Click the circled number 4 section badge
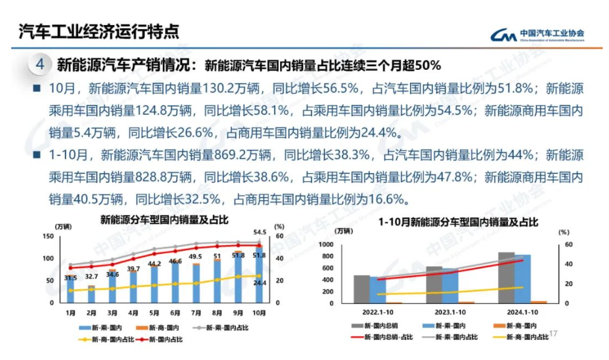pyautogui.click(x=39, y=64)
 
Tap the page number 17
pyautogui.click(x=553, y=334)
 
